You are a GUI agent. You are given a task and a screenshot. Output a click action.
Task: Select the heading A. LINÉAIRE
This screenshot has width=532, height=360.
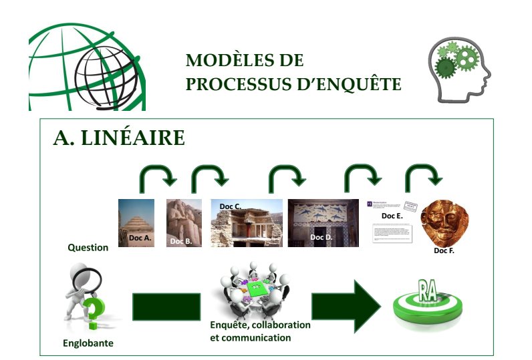click(119, 138)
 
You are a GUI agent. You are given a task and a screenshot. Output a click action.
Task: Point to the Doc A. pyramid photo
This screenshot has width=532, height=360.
click(136, 222)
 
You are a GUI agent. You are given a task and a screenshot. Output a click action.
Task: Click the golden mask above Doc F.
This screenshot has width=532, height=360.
click(444, 221)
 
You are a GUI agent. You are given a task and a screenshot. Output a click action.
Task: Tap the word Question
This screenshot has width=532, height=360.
click(88, 247)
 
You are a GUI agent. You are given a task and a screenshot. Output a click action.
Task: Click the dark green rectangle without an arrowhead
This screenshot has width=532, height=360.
click(167, 307)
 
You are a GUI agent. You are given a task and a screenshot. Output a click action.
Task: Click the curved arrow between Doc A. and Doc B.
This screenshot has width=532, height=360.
click(158, 177)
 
